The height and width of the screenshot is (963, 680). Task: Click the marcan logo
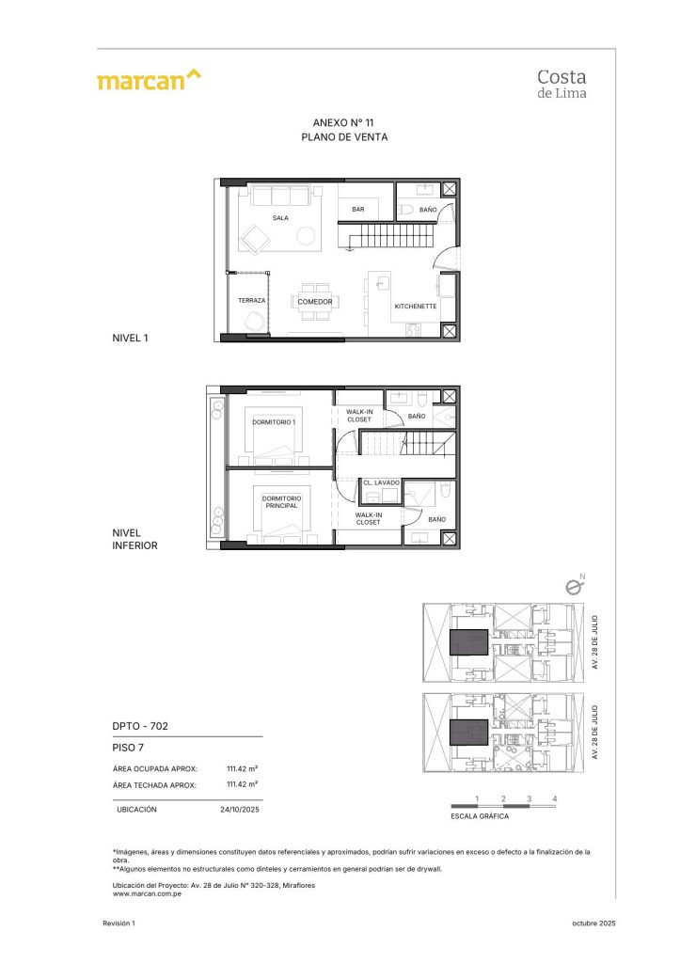pyautogui.click(x=149, y=80)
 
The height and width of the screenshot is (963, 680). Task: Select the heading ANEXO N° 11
pyautogui.click(x=344, y=122)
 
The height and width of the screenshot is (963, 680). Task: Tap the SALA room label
pyautogui.click(x=280, y=217)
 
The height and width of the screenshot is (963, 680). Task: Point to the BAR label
pyautogui.click(x=358, y=210)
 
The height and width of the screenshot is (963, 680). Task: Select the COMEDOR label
pyautogui.click(x=315, y=302)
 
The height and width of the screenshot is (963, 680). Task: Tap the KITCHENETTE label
pyautogui.click(x=415, y=307)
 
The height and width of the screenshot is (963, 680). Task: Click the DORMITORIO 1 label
pyautogui.click(x=274, y=422)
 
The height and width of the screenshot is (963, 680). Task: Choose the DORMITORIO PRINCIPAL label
pyautogui.click(x=280, y=501)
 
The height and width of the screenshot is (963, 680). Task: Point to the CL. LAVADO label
pyautogui.click(x=382, y=482)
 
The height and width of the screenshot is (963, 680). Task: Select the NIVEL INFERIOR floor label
pyautogui.click(x=134, y=539)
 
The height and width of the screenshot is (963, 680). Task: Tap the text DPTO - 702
pyautogui.click(x=139, y=726)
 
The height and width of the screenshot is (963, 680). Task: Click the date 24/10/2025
pyautogui.click(x=239, y=809)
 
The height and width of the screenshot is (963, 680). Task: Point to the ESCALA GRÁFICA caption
pyautogui.click(x=480, y=816)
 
